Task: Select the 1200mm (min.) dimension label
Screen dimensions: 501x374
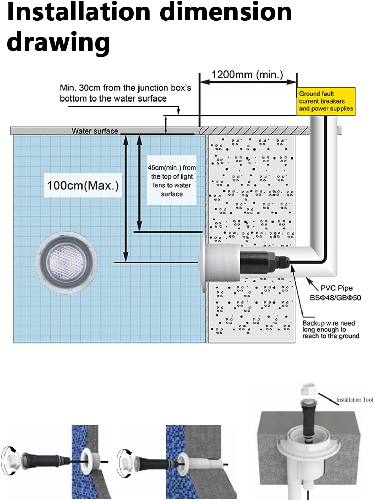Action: click(x=247, y=75)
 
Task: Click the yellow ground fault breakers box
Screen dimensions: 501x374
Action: click(x=326, y=101)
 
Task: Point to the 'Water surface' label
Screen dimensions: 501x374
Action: click(x=95, y=131)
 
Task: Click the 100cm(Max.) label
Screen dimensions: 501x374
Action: click(x=83, y=185)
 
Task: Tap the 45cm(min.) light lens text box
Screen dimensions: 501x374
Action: click(x=172, y=181)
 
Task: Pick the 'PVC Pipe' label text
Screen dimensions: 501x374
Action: click(x=336, y=288)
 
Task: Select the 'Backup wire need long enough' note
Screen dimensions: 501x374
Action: click(x=330, y=329)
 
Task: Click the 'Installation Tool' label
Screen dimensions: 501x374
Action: click(x=354, y=400)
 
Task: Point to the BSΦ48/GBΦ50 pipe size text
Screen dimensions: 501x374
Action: click(x=335, y=298)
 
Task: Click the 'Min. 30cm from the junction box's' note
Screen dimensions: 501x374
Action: click(x=125, y=88)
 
